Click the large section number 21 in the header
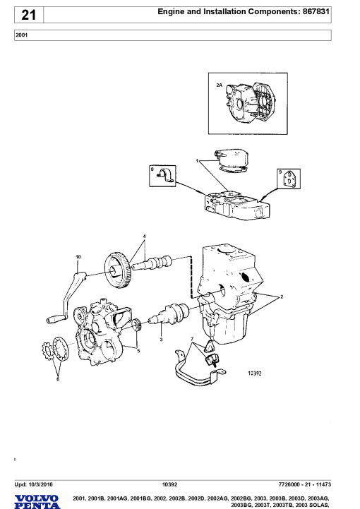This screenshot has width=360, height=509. pyautogui.click(x=28, y=15)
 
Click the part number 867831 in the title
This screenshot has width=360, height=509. pyautogui.click(x=316, y=12)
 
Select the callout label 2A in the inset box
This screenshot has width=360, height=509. pyautogui.click(x=219, y=85)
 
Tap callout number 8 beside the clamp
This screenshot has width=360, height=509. pyautogui.click(x=152, y=169)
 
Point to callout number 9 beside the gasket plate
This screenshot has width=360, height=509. pyautogui.click(x=280, y=172)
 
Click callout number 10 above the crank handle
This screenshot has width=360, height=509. pyautogui.click(x=78, y=257)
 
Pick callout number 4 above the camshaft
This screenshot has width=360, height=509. pyautogui.click(x=144, y=236)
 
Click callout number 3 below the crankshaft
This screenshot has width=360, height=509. pyautogui.click(x=161, y=340)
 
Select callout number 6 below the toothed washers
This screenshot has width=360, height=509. pyautogui.click(x=58, y=379)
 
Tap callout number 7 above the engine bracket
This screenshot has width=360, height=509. pyautogui.click(x=192, y=339)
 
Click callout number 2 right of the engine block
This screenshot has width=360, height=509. pyautogui.click(x=282, y=297)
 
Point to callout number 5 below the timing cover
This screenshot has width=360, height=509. pyautogui.click(x=138, y=351)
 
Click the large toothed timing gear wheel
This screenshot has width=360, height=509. pyautogui.click(x=117, y=270)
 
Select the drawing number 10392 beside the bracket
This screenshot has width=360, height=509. pyautogui.click(x=255, y=373)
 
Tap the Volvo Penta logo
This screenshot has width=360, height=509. pyautogui.click(x=37, y=502)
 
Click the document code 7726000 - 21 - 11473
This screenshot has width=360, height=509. pyautogui.click(x=305, y=485)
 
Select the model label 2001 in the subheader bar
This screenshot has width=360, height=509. pyautogui.click(x=21, y=35)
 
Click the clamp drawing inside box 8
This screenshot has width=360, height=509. pyautogui.click(x=166, y=175)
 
